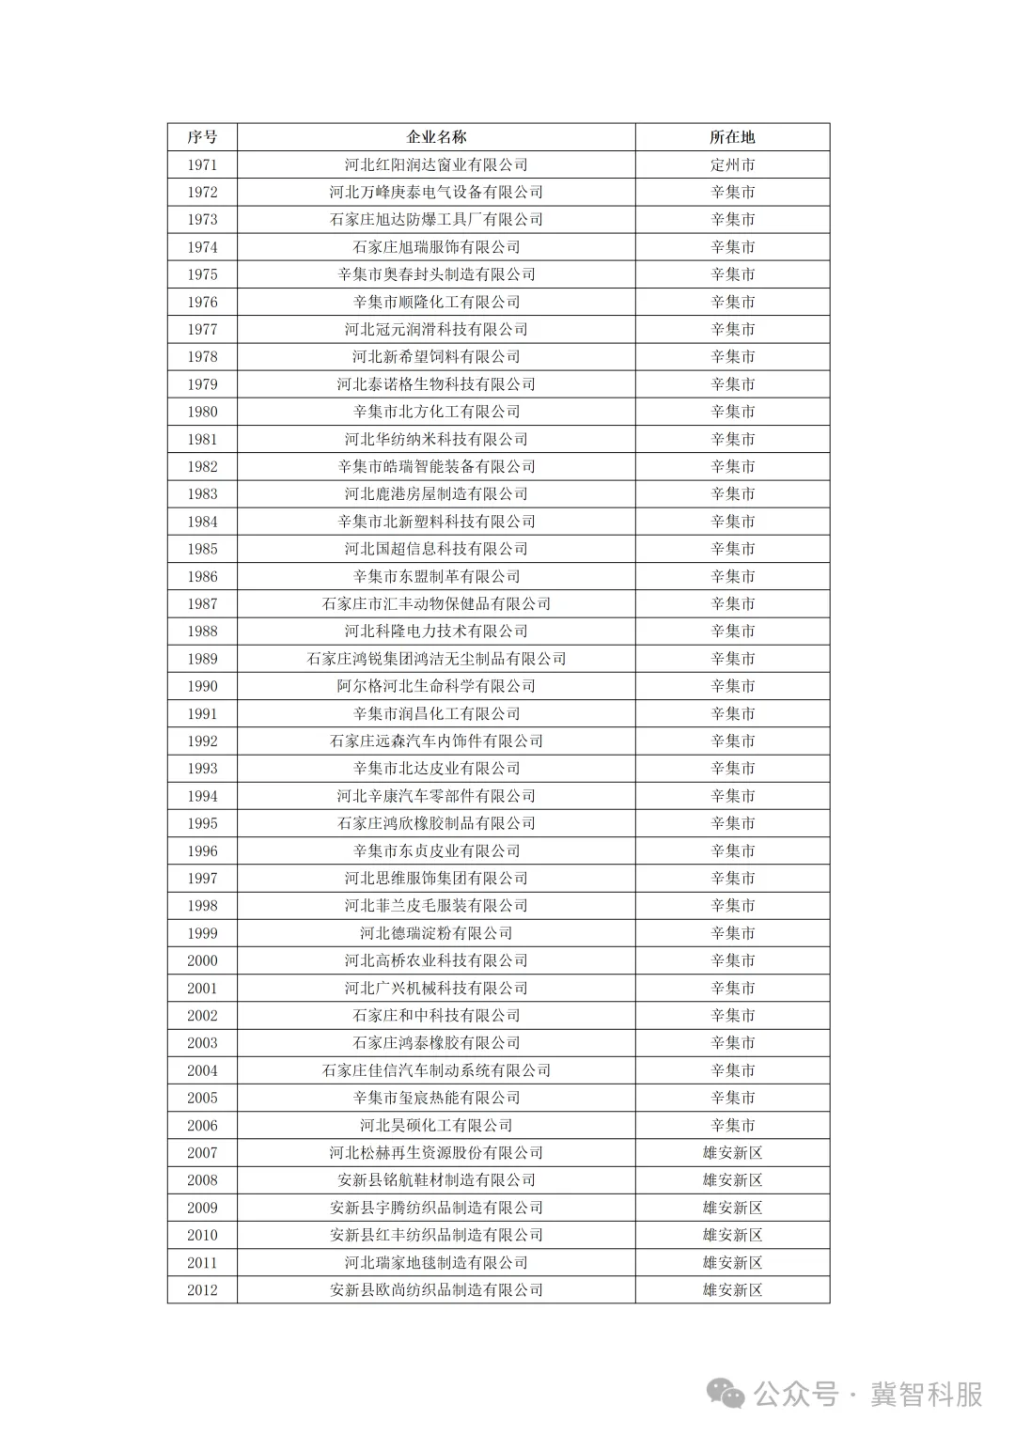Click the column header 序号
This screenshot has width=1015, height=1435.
202,137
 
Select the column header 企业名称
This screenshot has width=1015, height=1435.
436,137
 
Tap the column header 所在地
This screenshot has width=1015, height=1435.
732,137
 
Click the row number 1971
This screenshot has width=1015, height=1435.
202,164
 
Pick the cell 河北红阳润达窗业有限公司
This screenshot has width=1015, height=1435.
436,164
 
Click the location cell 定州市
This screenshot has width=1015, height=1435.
732,164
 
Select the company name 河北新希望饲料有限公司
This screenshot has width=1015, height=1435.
436,357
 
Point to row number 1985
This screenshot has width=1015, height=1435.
202,549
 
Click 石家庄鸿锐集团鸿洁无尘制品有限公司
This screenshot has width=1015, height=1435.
436,659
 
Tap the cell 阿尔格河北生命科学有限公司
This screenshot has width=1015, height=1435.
436,686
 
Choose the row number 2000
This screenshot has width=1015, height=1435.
202,960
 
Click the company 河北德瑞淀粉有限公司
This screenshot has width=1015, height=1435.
436,933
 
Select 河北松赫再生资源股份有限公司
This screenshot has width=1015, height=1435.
436,1153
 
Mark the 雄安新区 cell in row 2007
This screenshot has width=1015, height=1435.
732,1153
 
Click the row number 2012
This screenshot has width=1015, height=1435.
202,1290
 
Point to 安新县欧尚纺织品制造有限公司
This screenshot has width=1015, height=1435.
436,1290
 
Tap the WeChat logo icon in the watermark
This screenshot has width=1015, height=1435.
726,1394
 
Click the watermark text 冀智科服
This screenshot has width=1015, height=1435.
926,1394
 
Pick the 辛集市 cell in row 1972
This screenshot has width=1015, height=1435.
732,192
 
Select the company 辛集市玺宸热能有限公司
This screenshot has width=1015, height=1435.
436,1098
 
